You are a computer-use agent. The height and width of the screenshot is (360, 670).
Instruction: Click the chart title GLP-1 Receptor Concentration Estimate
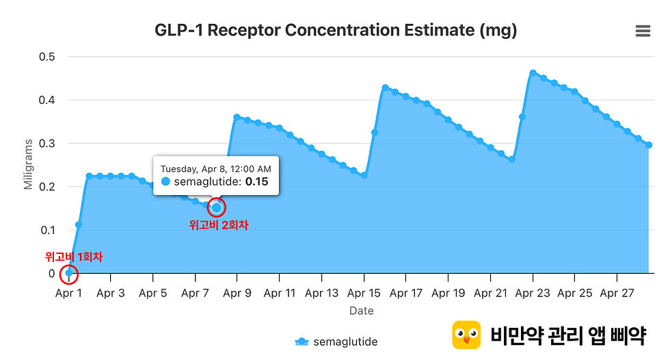(x=336, y=30)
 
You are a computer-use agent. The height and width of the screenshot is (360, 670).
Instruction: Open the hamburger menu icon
(x=643, y=31)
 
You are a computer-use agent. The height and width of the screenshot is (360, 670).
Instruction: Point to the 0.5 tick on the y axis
(x=47, y=57)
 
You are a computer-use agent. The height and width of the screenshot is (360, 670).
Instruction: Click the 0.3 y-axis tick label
(x=47, y=144)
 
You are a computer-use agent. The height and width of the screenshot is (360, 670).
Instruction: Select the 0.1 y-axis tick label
(x=47, y=231)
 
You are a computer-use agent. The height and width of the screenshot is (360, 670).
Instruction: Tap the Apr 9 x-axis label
(x=237, y=294)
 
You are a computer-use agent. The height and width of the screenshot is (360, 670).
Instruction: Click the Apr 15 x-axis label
(x=364, y=294)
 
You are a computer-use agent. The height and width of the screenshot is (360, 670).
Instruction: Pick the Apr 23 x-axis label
(x=533, y=294)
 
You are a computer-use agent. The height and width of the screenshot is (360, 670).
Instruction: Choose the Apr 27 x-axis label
(x=617, y=294)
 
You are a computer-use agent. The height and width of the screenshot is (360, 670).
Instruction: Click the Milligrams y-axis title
(x=28, y=164)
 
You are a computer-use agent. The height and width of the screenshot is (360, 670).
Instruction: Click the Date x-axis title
(x=362, y=311)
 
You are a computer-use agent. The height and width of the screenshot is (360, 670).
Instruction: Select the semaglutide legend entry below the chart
(x=336, y=342)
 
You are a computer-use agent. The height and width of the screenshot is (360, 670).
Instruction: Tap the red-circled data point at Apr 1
(x=69, y=273)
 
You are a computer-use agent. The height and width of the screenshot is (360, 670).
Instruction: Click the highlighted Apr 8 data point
(x=217, y=208)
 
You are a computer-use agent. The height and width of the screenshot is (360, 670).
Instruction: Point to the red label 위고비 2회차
(x=219, y=225)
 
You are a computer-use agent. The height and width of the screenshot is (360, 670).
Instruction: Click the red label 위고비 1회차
(x=74, y=257)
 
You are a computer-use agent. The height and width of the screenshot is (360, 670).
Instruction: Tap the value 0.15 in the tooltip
(x=257, y=181)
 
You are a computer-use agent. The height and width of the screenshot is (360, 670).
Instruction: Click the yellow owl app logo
(x=466, y=335)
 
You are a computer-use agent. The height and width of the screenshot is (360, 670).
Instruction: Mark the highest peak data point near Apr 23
(x=533, y=73)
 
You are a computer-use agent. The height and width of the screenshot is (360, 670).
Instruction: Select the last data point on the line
(x=649, y=145)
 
